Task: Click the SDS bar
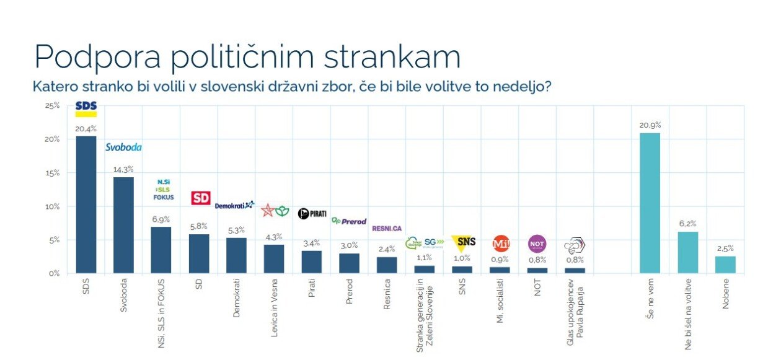coord(86,204)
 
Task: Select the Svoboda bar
coord(123,225)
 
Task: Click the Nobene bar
coord(725,265)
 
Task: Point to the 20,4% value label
coord(86,129)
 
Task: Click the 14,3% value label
coord(123,170)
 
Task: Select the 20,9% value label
coord(649,126)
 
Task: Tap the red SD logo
coord(199,198)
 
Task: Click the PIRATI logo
coord(312,214)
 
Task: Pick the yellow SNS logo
coord(463,242)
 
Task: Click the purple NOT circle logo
coord(537,244)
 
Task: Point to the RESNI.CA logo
coord(387,229)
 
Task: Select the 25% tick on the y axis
coord(52,106)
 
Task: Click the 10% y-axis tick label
coord(52,206)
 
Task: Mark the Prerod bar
coord(349,263)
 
